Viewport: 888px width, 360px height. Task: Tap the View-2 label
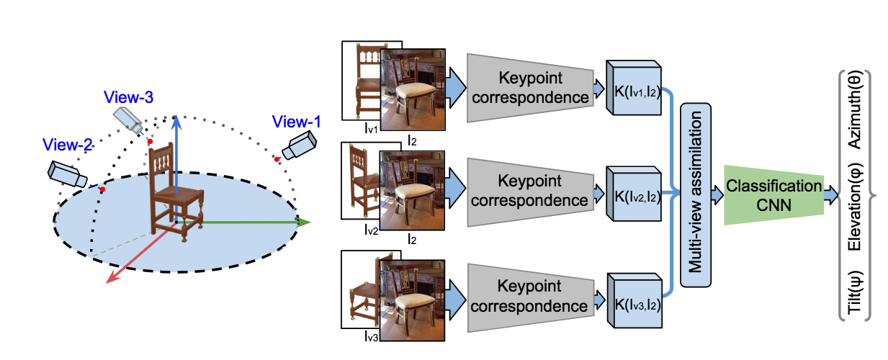pyautogui.click(x=68, y=144)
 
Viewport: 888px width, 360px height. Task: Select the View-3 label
pyautogui.click(x=128, y=96)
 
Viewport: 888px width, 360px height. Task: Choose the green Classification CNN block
pyautogui.click(x=773, y=194)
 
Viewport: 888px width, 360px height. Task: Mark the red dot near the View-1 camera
pyautogui.click(x=276, y=158)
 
